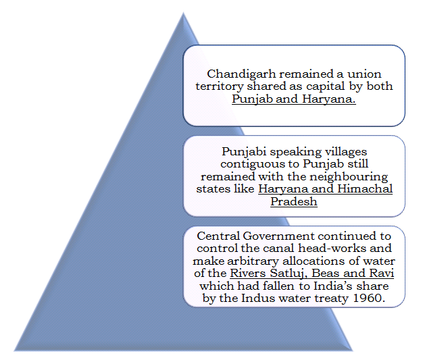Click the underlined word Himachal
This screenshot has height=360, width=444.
(369, 189)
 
